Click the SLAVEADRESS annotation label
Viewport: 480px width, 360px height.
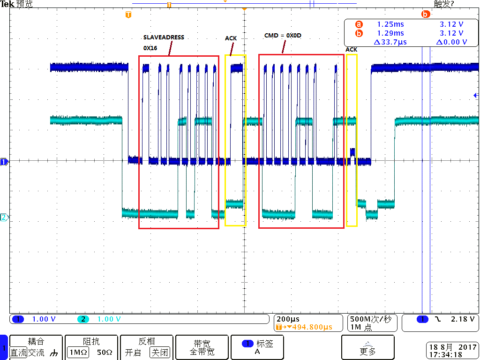pyautogui.click(x=164, y=37)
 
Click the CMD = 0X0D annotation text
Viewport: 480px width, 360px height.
pyautogui.click(x=283, y=36)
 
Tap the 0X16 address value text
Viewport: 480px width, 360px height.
pyautogui.click(x=150, y=48)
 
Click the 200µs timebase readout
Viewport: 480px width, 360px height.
pyautogui.click(x=288, y=319)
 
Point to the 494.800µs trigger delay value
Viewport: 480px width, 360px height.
pyautogui.click(x=312, y=327)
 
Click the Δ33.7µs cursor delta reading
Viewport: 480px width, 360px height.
pyautogui.click(x=390, y=42)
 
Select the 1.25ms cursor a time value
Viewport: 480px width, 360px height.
pyautogui.click(x=390, y=24)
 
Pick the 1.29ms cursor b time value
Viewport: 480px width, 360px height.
pyautogui.click(x=390, y=33)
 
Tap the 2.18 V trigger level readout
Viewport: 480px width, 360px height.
pyautogui.click(x=463, y=319)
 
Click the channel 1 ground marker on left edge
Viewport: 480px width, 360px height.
pyautogui.click(x=4, y=162)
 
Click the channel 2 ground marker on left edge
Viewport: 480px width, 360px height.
pyautogui.click(x=4, y=217)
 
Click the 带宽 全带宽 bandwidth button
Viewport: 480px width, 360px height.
pyautogui.click(x=202, y=347)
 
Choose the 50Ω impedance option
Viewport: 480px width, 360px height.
pyautogui.click(x=105, y=352)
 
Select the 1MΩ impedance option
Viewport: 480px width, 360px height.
pyautogui.click(x=78, y=352)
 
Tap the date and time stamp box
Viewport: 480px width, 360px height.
pyautogui.click(x=451, y=351)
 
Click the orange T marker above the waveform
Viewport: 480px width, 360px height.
pyautogui.click(x=128, y=15)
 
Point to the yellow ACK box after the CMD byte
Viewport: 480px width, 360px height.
pyautogui.click(x=352, y=140)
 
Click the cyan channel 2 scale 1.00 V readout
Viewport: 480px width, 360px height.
pyautogui.click(x=109, y=319)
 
